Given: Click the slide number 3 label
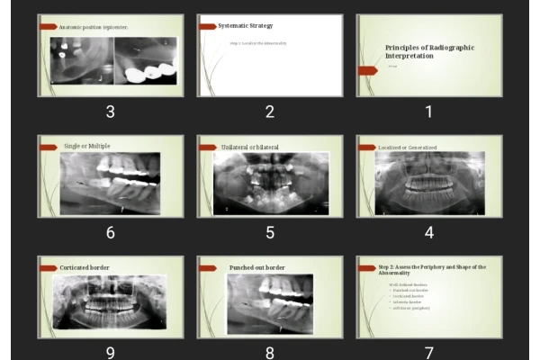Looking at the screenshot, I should (110, 112).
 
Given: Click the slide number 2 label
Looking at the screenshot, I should (269, 112).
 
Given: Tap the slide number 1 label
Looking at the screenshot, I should (428, 112).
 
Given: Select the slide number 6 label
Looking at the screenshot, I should (110, 232).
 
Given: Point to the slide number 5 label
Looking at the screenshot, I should (269, 232).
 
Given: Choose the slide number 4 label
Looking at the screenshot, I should (428, 232).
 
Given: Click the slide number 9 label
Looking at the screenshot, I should (110, 352).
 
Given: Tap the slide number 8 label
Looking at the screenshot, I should (269, 352).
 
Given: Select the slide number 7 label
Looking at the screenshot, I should (428, 352).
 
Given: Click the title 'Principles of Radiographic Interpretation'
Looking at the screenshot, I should (428, 51).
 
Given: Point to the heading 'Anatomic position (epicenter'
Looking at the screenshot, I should (94, 27).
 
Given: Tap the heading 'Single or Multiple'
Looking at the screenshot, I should (86, 146).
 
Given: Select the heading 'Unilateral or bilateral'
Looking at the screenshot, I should (249, 147).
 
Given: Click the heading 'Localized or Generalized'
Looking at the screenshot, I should (408, 147).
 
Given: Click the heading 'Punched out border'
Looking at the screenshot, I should (256, 267).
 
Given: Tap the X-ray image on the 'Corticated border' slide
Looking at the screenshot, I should (111, 301).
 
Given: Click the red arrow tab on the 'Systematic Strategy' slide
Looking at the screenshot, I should (207, 27).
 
